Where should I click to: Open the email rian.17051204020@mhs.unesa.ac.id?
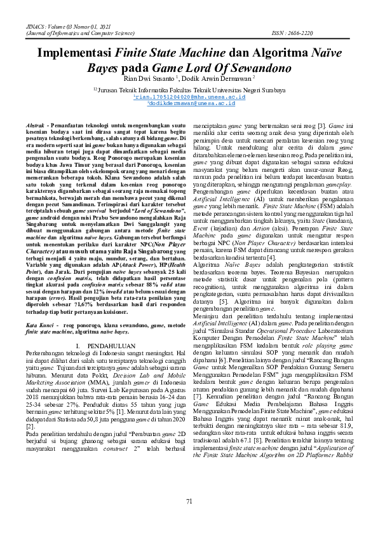click(184, 96)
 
